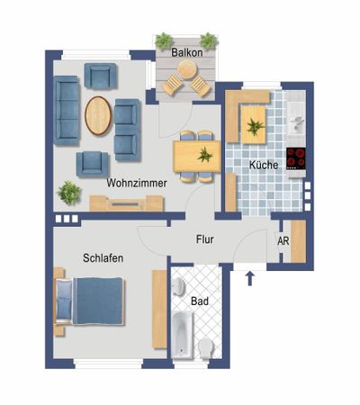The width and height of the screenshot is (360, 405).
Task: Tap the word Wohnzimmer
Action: click(x=135, y=183)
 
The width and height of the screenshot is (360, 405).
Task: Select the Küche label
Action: click(x=263, y=166)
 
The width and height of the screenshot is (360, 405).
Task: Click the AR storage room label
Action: click(x=283, y=242)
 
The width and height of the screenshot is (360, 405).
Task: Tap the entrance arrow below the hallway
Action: click(x=249, y=276)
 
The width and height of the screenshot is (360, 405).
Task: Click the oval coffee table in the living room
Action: click(x=98, y=115)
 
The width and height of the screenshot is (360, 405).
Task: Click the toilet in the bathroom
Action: click(x=206, y=347)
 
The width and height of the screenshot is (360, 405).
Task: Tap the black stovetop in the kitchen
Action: click(x=296, y=157)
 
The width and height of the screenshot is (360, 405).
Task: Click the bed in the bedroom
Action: click(x=90, y=301)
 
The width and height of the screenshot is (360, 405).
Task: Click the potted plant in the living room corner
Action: click(x=68, y=191)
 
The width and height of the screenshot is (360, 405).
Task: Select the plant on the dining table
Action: click(x=206, y=154)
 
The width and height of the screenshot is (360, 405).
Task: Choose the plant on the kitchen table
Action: click(x=256, y=125)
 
